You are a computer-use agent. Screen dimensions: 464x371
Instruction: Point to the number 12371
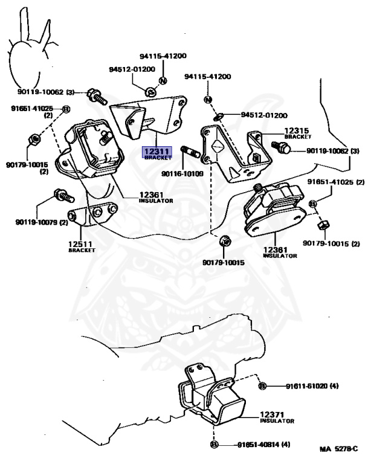pos(273,414)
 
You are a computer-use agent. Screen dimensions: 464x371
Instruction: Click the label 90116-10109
pos(182,174)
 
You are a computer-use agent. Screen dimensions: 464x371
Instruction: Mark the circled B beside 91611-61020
pos(262,386)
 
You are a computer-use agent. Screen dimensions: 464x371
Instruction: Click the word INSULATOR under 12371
pos(277,421)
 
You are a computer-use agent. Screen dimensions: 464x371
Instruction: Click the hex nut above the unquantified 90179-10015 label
pos(224,240)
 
